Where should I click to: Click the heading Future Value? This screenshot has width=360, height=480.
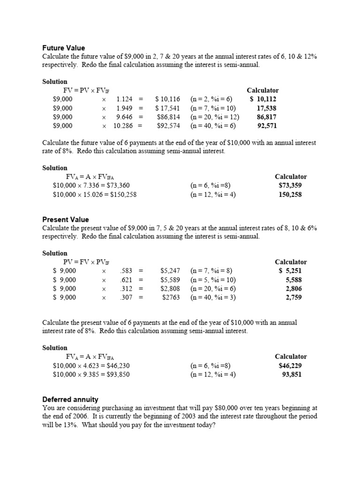[64, 48]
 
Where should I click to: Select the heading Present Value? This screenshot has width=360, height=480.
[66, 219]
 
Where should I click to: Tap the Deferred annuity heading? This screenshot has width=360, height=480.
[70, 399]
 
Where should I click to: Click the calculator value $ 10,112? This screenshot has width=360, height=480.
[263, 99]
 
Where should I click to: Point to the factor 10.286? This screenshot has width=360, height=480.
[123, 126]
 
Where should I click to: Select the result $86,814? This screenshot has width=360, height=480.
[168, 117]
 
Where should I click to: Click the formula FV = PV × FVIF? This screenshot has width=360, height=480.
[86, 90]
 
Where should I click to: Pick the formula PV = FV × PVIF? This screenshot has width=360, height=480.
[86, 262]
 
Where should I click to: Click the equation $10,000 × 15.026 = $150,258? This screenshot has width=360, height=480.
[95, 195]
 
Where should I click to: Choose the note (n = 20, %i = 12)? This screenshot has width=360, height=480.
[215, 117]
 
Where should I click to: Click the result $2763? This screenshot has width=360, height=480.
[171, 297]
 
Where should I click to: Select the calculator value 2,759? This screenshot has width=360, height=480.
[294, 297]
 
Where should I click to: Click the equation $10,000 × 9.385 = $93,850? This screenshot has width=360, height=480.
[91, 374]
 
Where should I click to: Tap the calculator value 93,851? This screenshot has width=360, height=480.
[292, 374]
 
